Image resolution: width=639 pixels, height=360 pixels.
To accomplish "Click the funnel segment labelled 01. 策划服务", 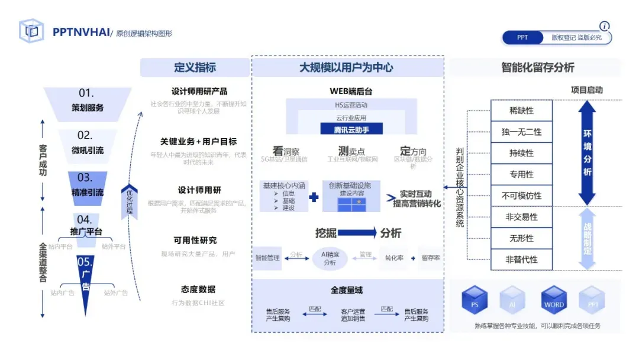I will click(88, 102).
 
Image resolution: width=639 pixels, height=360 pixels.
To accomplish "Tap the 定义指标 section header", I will click(195, 67).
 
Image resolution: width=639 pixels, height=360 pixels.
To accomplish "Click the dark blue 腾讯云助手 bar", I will click(352, 129).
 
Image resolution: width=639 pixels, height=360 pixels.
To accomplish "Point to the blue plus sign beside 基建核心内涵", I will click(314, 198).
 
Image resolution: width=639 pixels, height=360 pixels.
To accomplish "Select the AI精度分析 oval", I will click(330, 258).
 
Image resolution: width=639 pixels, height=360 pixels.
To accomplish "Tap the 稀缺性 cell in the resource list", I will click(521, 111).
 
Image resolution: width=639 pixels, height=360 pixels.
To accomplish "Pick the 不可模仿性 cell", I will click(521, 196).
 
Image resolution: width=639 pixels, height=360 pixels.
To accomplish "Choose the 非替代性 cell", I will click(521, 260).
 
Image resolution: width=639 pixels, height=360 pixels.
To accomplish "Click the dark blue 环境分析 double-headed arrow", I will click(587, 153).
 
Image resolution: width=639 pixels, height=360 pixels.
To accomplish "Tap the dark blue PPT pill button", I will click(522, 38).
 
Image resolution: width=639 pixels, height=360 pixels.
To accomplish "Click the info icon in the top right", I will click(604, 26).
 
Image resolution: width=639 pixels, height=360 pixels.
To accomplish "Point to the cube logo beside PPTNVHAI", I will click(31, 31).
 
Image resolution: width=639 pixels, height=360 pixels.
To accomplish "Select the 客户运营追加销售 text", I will click(353, 314).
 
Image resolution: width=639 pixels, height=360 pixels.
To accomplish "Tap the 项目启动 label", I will click(586, 90).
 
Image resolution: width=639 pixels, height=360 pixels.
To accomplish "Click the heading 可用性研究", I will click(195, 240).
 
